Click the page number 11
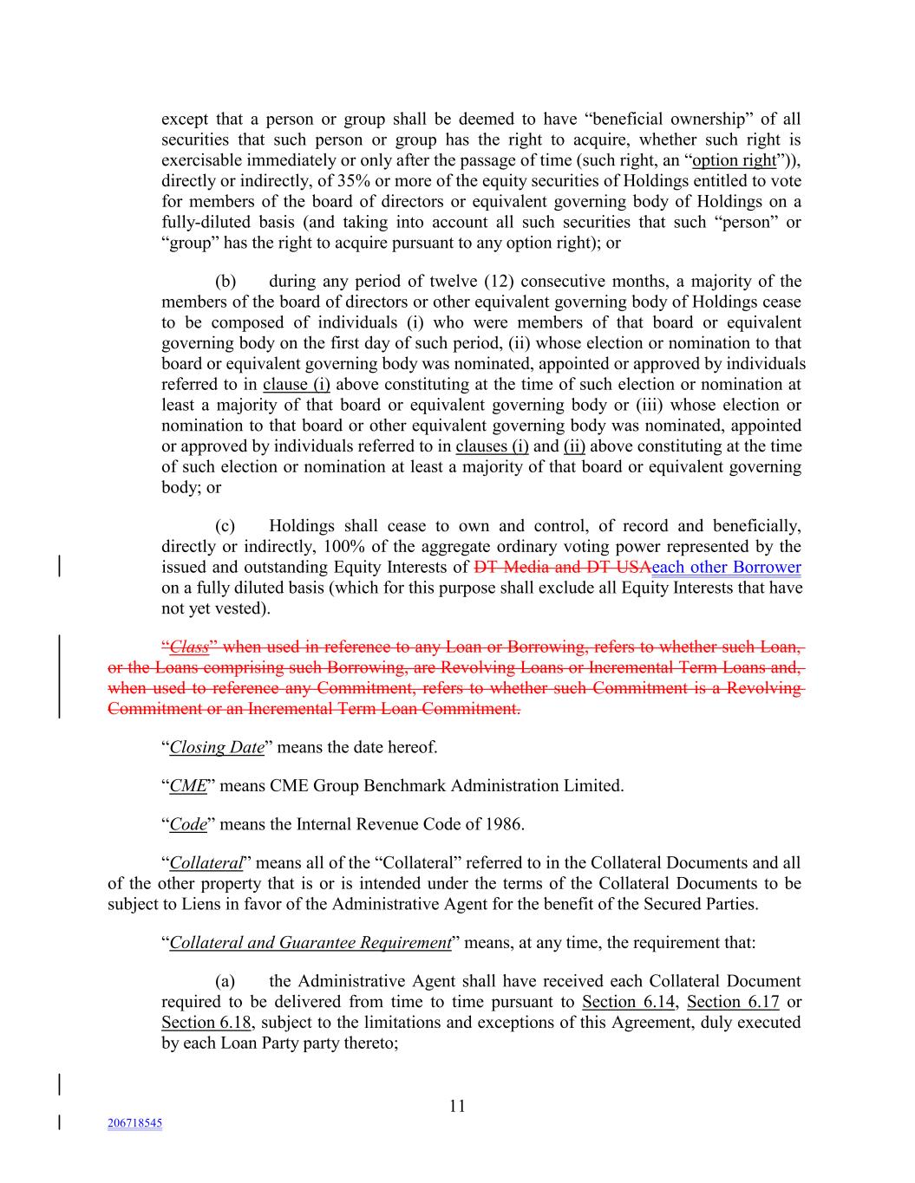[x=457, y=1106]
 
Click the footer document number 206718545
[x=134, y=1123]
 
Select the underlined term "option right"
[x=734, y=160]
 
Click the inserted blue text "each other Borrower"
[x=726, y=568]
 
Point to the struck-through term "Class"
[x=190, y=647]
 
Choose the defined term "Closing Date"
[x=216, y=747]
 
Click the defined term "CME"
[x=188, y=786]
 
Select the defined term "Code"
[x=188, y=824]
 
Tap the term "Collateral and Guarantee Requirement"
[x=310, y=943]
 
